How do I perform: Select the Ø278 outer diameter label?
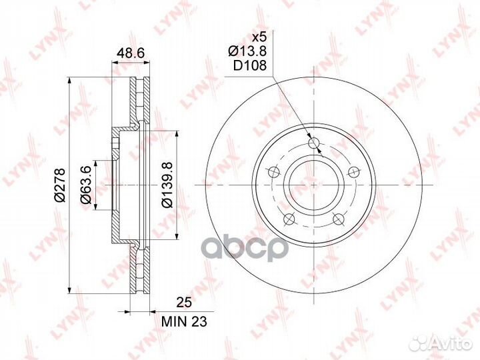(x=60, y=185)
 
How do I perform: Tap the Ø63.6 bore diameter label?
(x=86, y=185)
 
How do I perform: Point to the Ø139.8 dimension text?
(x=167, y=185)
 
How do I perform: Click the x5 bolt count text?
(x=259, y=37)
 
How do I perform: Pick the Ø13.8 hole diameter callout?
(x=247, y=51)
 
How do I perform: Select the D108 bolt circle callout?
(x=250, y=65)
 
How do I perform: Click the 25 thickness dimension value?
(x=184, y=302)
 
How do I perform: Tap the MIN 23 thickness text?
(x=184, y=321)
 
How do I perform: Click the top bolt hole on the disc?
(x=314, y=143)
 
